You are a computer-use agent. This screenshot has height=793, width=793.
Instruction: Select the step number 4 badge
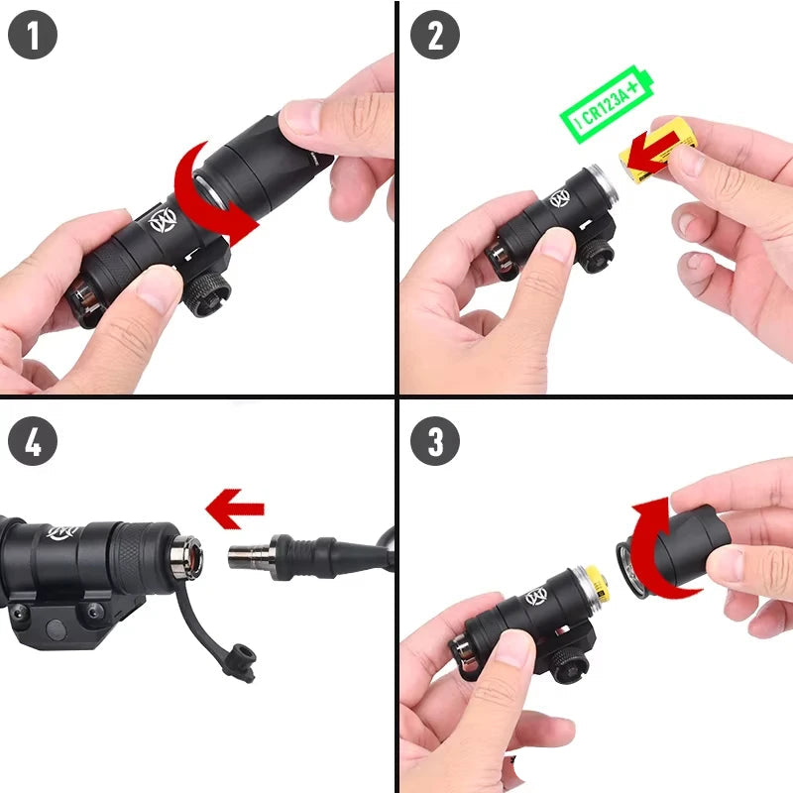tap(33, 442)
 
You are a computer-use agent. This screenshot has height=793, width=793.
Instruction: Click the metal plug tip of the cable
tap(244, 556)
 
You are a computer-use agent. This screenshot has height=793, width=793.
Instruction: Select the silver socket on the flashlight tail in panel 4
tap(185, 557)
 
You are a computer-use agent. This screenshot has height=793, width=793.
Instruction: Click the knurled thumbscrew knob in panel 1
tap(210, 296)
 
